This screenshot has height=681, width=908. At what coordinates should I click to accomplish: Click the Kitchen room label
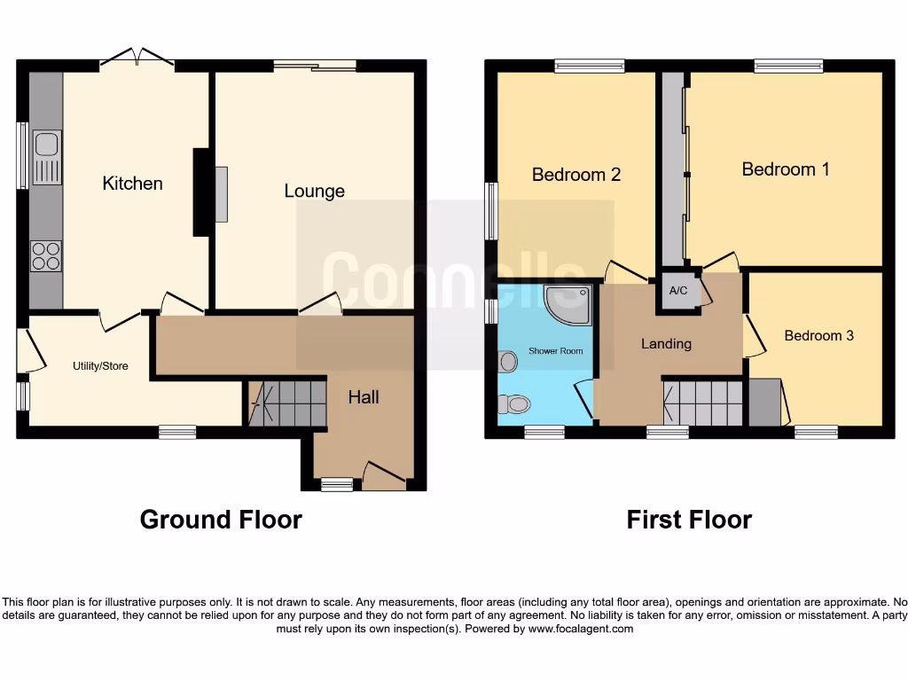[133, 184]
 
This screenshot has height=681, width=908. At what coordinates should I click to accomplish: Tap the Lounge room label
[314, 191]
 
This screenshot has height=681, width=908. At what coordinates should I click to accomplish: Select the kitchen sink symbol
[47, 157]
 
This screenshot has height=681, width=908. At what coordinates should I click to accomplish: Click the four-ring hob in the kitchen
[47, 255]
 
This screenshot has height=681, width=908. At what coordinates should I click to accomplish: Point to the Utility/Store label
[100, 365]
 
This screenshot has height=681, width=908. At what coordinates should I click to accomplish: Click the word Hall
[364, 397]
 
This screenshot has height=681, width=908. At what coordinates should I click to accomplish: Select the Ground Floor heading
[221, 520]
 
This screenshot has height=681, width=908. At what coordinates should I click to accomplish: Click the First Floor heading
[689, 520]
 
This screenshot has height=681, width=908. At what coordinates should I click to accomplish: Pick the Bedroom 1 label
[786, 169]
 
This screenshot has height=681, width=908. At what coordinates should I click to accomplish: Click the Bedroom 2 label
[575, 175]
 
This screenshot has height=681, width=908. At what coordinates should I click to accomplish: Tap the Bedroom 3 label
[818, 336]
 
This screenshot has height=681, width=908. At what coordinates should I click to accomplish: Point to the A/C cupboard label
[678, 291]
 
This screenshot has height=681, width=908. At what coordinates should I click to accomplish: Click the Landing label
[666, 344]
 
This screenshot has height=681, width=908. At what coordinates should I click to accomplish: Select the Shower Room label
[556, 351]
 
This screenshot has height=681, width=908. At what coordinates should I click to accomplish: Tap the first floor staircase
[703, 403]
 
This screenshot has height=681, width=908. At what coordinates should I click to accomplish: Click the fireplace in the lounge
[220, 193]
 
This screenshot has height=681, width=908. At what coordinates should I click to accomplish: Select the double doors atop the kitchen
[137, 59]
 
